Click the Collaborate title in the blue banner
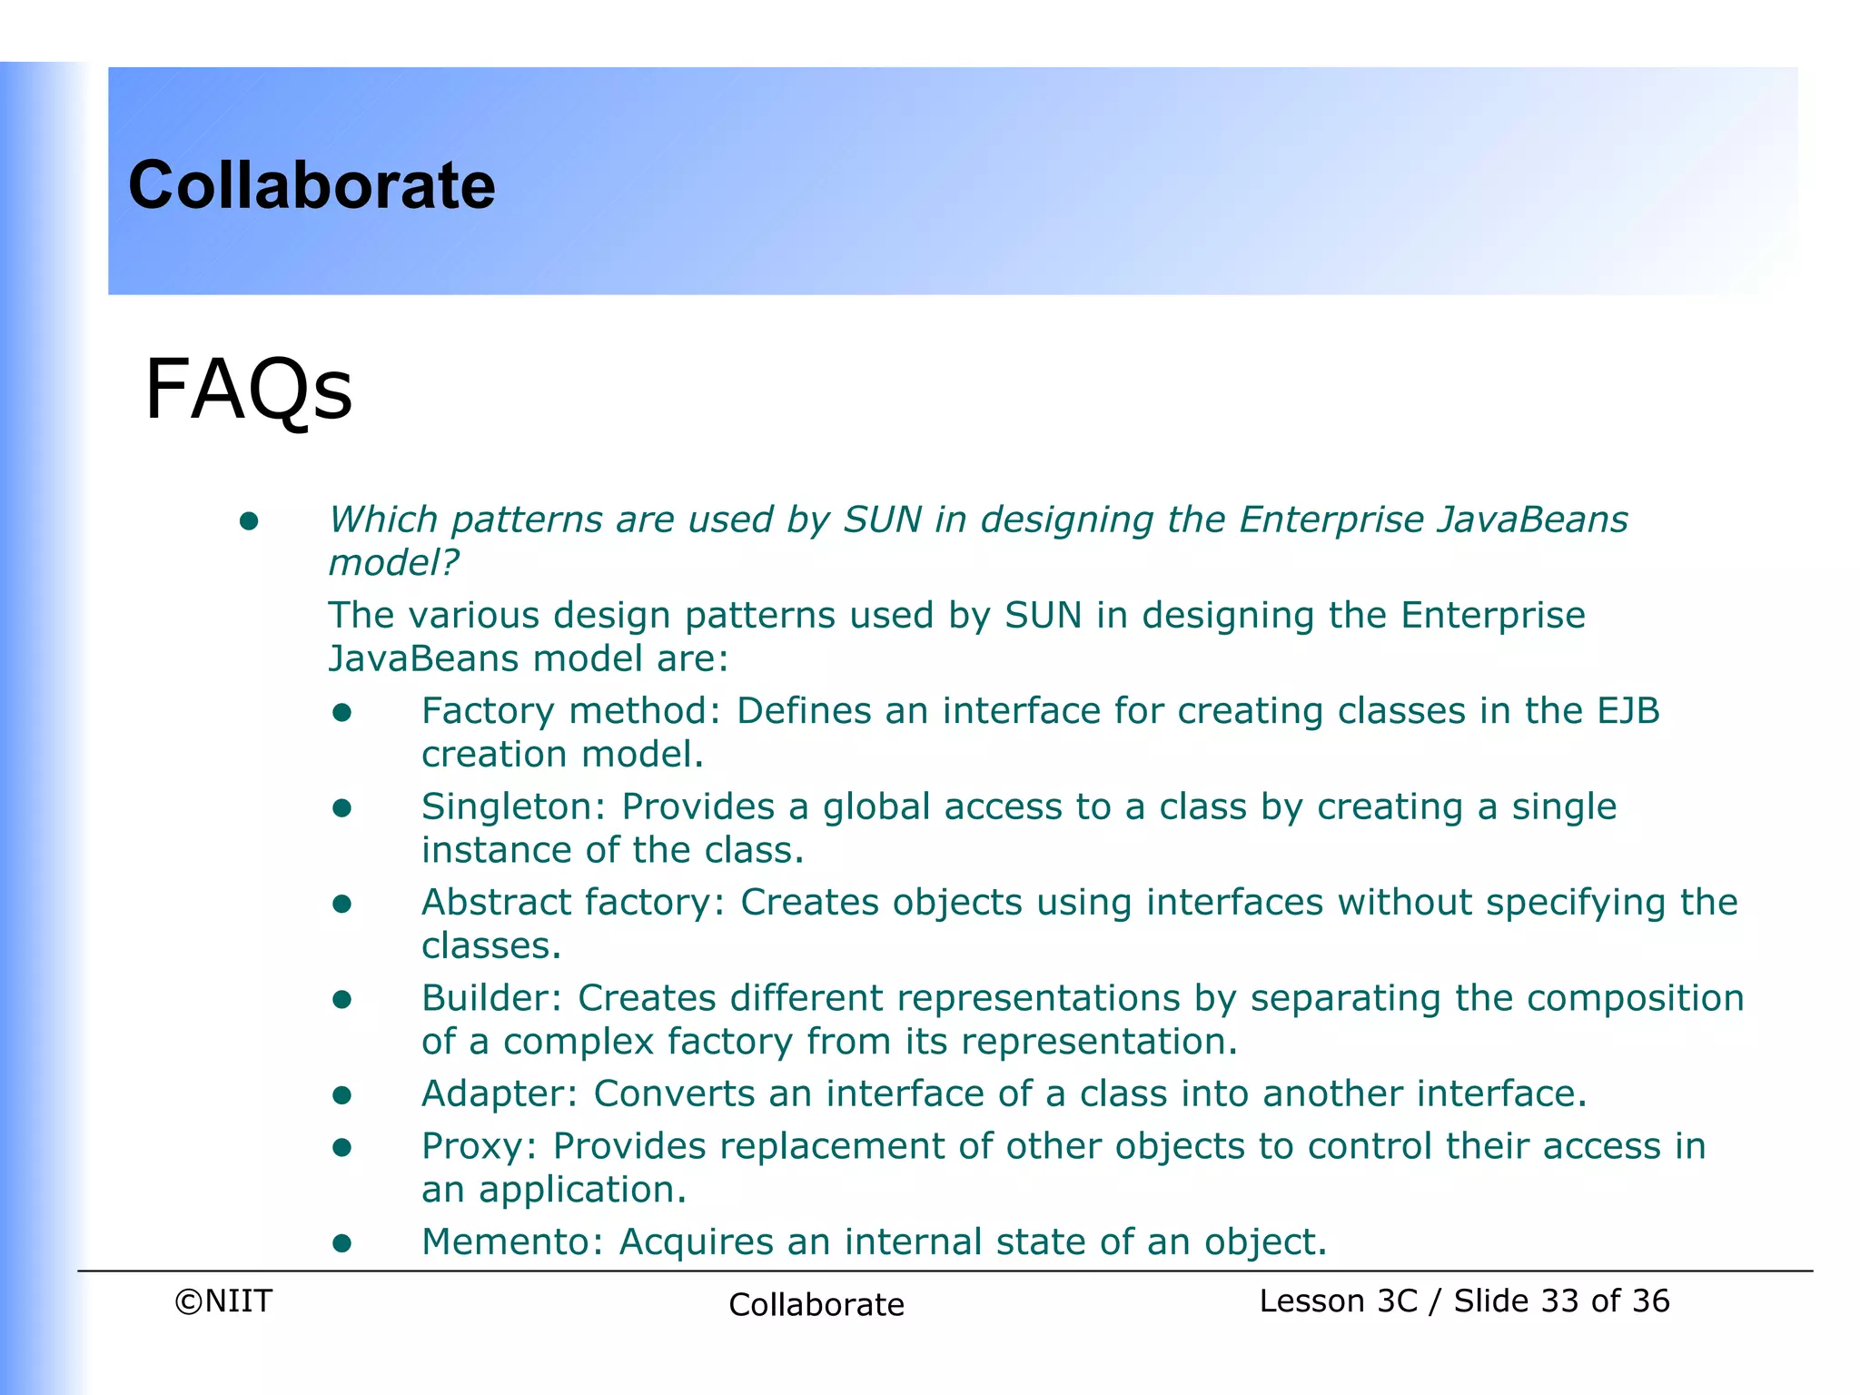pos(312,185)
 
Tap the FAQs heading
pos(248,390)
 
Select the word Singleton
pos(514,806)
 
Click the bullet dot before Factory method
pos(341,712)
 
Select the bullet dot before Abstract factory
pos(341,904)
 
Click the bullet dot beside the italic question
pos(249,521)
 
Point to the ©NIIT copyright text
pos(223,1301)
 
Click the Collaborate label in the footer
pos(816,1304)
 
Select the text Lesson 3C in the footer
pos(1338,1301)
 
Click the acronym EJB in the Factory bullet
pos(1627,711)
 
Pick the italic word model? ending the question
pos(393,563)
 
